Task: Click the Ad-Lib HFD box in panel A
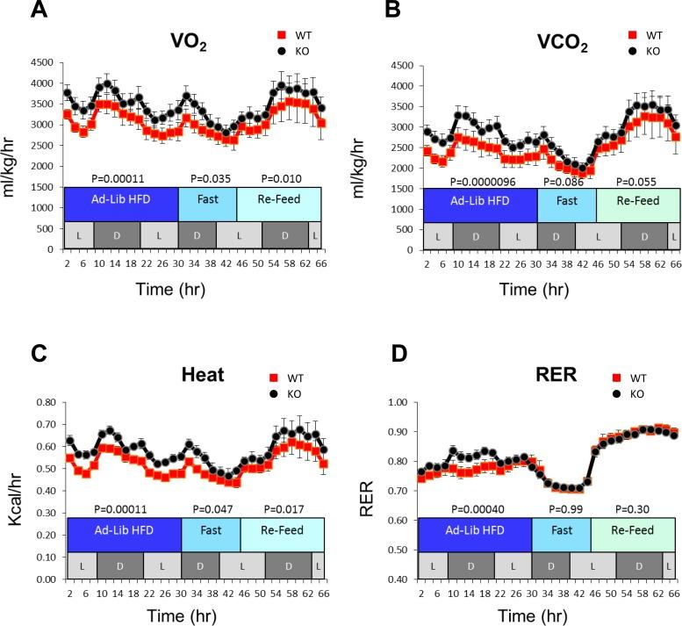pos(120,204)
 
